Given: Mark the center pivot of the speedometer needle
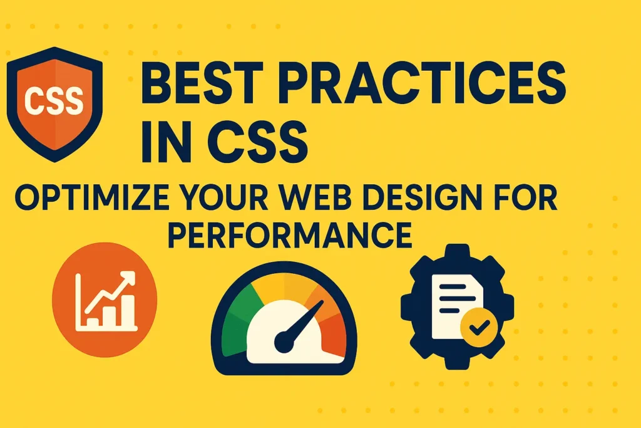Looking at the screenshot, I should pos(284,343).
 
